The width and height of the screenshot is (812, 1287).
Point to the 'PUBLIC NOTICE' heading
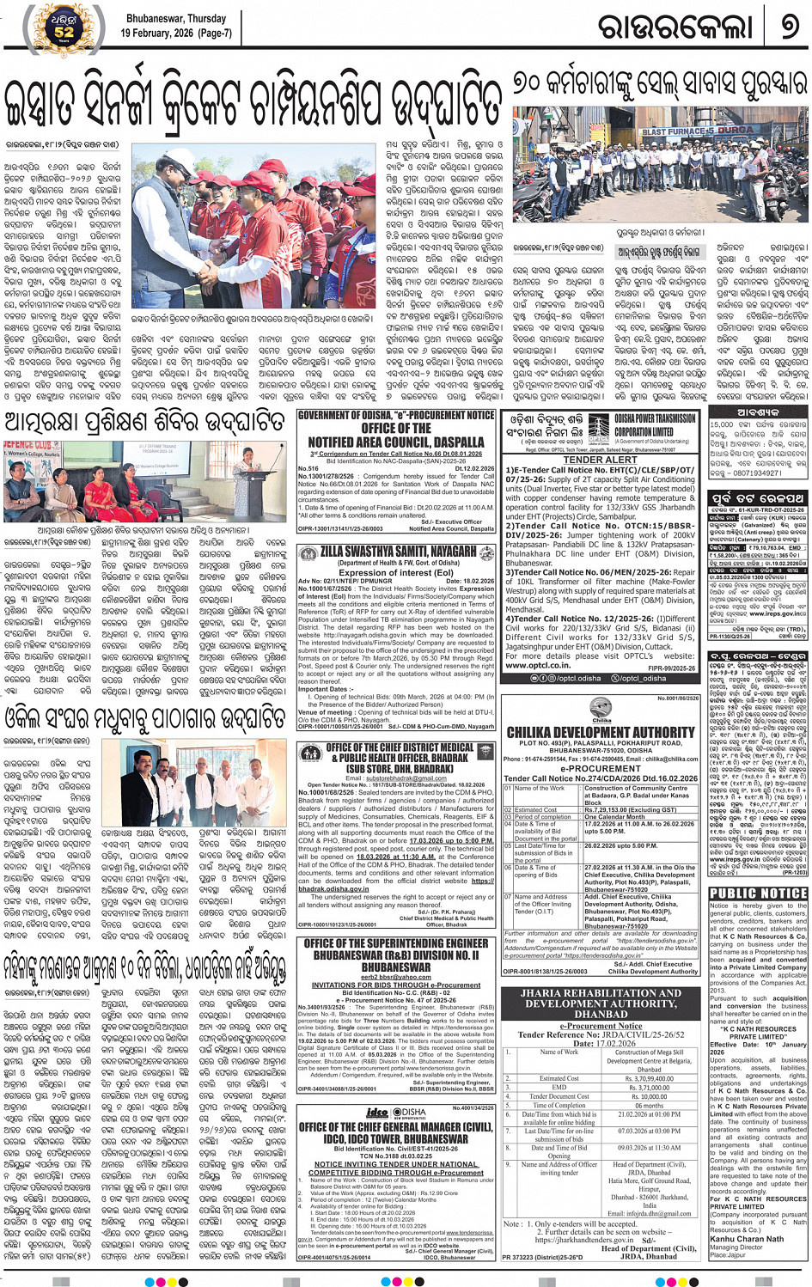click(758, 894)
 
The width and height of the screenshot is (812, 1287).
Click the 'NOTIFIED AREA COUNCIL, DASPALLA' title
click(396, 442)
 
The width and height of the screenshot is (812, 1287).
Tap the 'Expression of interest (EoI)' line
click(396, 572)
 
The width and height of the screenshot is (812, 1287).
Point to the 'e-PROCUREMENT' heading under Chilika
click(601, 768)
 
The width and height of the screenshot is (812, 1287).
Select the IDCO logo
click(376, 1113)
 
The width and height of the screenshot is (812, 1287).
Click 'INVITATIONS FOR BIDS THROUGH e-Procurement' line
click(396, 985)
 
